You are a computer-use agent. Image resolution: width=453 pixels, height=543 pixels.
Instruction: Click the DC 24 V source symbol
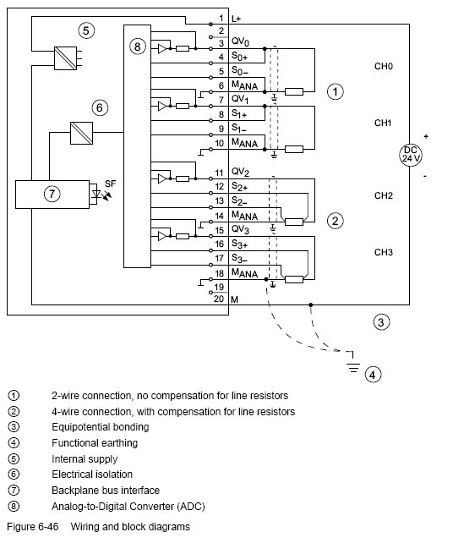(x=410, y=155)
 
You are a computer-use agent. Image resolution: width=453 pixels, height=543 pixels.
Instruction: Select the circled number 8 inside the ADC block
(x=138, y=46)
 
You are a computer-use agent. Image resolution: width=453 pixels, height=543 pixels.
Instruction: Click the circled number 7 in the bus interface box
(x=52, y=194)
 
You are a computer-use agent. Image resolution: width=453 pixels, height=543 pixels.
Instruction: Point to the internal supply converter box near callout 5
(x=65, y=58)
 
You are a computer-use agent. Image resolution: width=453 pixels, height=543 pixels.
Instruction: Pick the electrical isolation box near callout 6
(x=81, y=133)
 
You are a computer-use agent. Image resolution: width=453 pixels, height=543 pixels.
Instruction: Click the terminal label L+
(x=236, y=19)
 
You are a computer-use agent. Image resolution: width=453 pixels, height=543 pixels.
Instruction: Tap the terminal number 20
(x=219, y=299)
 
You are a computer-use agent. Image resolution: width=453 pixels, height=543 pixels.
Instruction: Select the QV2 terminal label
(x=240, y=172)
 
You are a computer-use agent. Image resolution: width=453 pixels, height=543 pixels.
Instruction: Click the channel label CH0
(x=384, y=66)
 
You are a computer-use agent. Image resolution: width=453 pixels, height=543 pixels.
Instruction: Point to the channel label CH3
(x=384, y=252)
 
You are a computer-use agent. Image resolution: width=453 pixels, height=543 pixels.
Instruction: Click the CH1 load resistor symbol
(x=294, y=149)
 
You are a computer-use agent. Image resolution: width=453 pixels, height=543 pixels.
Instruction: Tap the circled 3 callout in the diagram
(x=381, y=322)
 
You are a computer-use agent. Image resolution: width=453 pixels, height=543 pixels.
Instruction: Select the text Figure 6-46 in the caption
(x=33, y=527)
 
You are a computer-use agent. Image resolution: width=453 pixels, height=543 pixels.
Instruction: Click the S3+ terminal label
(x=239, y=244)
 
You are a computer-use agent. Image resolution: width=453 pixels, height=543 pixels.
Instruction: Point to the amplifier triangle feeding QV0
(x=162, y=49)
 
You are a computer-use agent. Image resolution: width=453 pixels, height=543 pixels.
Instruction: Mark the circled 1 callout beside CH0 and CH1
(x=335, y=92)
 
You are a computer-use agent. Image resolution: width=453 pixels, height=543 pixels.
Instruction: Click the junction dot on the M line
(x=311, y=304)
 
